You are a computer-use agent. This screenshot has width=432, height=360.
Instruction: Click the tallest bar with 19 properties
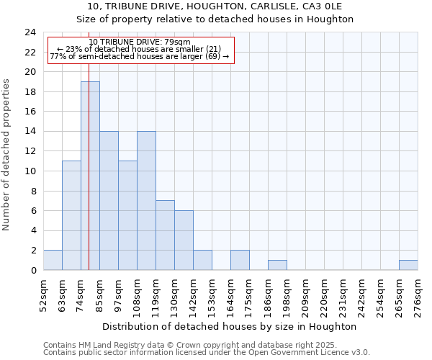pyautogui.click(x=90, y=176)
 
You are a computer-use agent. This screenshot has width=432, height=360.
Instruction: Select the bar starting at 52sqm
pyautogui.click(x=53, y=260)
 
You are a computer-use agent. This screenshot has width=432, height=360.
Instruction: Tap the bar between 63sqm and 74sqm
pyautogui.click(x=71, y=215)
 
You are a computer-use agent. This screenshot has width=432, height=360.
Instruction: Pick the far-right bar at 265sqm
pyautogui.click(x=408, y=265)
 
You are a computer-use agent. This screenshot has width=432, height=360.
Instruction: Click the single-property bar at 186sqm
pyautogui.click(x=277, y=265)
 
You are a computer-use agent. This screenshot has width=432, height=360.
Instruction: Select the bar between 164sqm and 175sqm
pyautogui.click(x=240, y=260)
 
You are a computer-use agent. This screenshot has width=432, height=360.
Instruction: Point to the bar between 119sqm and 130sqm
pyautogui.click(x=165, y=235)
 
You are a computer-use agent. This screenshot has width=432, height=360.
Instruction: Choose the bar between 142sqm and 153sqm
pyautogui.click(x=202, y=260)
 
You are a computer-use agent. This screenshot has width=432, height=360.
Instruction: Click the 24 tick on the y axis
pyautogui.click(x=30, y=32)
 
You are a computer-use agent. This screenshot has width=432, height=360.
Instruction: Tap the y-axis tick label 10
pyautogui.click(x=30, y=171)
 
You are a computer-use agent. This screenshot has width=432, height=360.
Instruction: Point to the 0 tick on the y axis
pyautogui.click(x=33, y=270)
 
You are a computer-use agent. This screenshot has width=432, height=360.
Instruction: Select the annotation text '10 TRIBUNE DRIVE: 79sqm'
pyautogui.click(x=140, y=42)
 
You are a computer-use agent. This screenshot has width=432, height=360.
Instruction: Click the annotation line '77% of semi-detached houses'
pyautogui.click(x=140, y=56)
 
